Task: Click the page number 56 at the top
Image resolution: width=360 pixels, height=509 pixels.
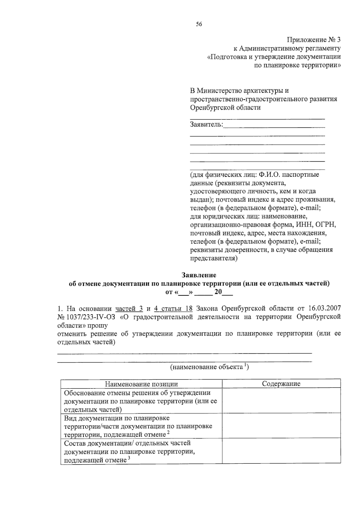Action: tap(199, 25)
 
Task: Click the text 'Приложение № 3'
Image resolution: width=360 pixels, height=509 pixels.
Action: tap(314, 40)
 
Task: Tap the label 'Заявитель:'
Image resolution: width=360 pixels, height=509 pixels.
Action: tap(207, 124)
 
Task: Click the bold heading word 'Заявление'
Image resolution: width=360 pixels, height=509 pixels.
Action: tap(199, 275)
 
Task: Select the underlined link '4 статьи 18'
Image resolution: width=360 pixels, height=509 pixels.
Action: tap(173, 308)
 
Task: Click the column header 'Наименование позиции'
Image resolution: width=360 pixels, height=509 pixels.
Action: tap(141, 384)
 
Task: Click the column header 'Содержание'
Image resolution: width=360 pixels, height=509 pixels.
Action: tap(281, 384)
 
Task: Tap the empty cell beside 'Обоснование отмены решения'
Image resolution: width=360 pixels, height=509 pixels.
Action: tap(281, 401)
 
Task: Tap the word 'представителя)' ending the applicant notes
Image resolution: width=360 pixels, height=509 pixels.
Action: tap(214, 258)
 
